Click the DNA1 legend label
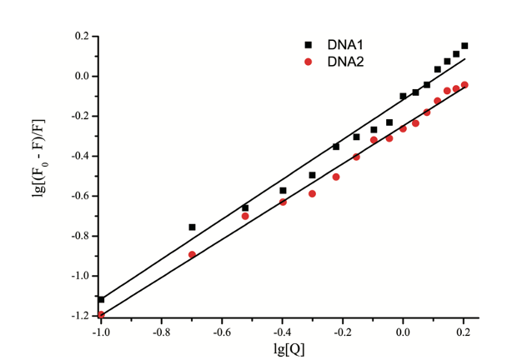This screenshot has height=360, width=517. click(341, 45)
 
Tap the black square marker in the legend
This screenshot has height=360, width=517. click(308, 45)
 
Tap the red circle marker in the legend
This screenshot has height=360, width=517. click(308, 62)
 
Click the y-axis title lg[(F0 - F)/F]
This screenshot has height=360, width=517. click(44, 176)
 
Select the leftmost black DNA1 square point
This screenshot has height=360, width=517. click(101, 299)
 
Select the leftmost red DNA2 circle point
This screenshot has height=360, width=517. click(101, 315)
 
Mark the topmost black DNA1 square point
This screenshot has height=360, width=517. click(464, 46)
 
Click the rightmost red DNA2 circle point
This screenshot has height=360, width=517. click(464, 85)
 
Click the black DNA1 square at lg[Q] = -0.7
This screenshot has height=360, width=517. click(192, 227)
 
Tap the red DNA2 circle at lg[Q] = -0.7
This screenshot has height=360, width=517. click(192, 255)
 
